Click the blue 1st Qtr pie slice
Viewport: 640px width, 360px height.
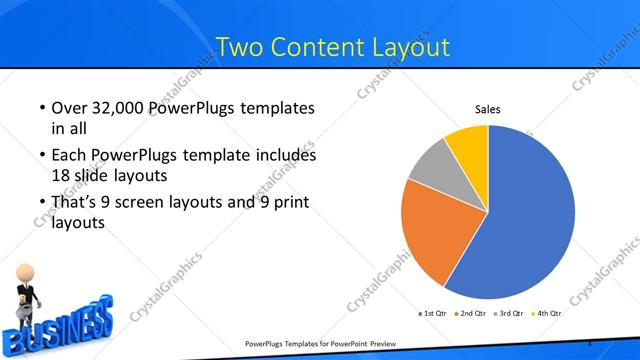coord(525,220)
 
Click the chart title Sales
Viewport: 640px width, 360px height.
coord(487,109)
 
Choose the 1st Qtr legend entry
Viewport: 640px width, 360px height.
coord(434,314)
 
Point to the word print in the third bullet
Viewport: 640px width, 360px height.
coord(287,203)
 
